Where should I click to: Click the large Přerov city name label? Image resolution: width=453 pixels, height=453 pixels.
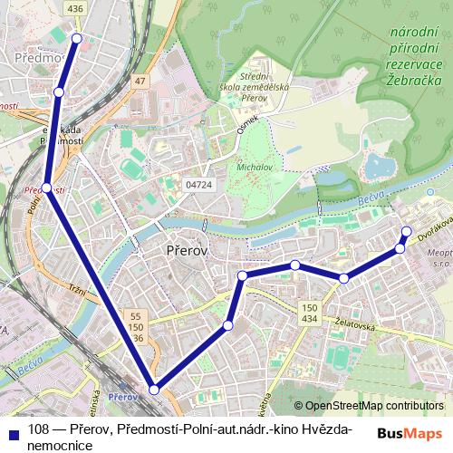pos(188,250)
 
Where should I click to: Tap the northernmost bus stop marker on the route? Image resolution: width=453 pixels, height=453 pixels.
pos(77,38)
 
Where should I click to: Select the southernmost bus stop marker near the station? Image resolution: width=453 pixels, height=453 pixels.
pos(154,389)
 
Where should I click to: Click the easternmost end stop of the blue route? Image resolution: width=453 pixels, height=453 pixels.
pos(406,230)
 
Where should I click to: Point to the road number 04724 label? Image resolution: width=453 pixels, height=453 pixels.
pos(199,184)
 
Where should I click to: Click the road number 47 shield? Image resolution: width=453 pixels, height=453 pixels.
pos(140,82)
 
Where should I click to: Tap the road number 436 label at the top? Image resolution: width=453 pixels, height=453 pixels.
pos(75,7)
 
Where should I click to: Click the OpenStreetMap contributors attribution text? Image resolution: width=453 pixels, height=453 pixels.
pos(374,406)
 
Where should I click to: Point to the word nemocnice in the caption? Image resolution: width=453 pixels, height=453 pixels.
pos(55,445)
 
